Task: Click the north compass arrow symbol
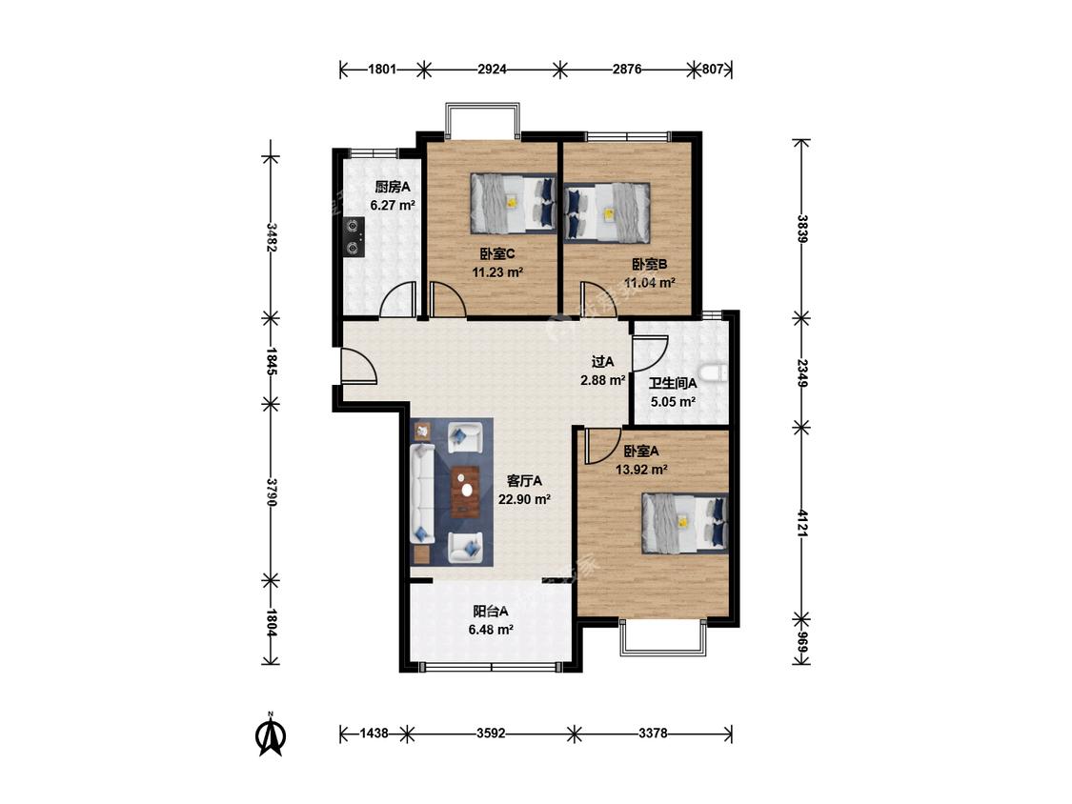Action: pyautogui.click(x=271, y=734)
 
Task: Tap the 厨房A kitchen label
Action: pyautogui.click(x=393, y=187)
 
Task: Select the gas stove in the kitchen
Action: pyautogui.click(x=354, y=236)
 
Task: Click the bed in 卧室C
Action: pyautogui.click(x=513, y=204)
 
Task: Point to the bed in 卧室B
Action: pyautogui.click(x=606, y=212)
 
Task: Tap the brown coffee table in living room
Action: pyautogui.click(x=466, y=491)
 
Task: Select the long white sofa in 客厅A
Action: pyautogui.click(x=422, y=493)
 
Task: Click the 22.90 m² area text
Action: pyautogui.click(x=524, y=500)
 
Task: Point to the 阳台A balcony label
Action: pyautogui.click(x=491, y=612)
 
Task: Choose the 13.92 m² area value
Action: pyautogui.click(x=641, y=470)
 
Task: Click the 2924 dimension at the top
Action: pyautogui.click(x=493, y=69)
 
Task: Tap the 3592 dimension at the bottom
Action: pyautogui.click(x=491, y=734)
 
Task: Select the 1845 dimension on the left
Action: pyautogui.click(x=272, y=362)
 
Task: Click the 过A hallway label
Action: pyautogui.click(x=602, y=362)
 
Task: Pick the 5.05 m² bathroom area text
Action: pyautogui.click(x=673, y=402)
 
